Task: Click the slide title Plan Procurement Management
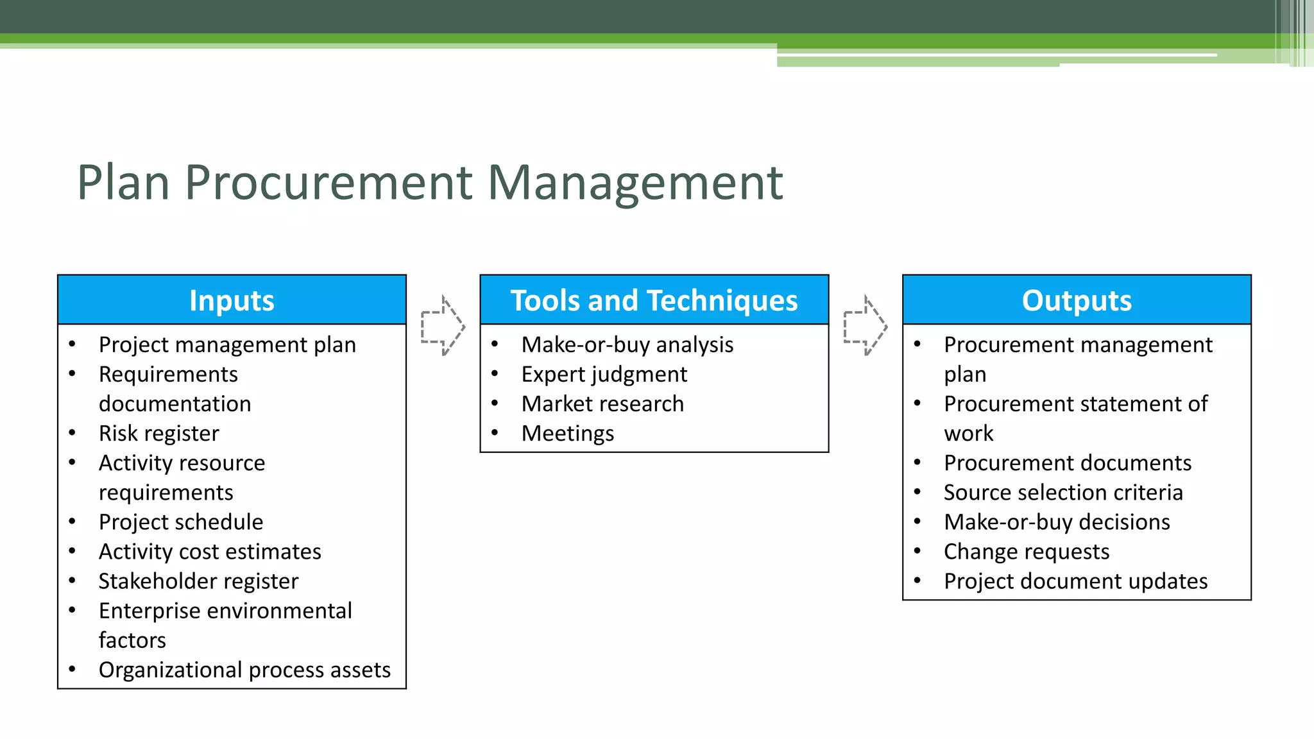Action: (x=429, y=183)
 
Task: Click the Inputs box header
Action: (x=232, y=300)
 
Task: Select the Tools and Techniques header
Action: (x=654, y=300)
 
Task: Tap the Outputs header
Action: (x=1076, y=300)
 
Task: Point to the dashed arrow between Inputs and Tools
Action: (x=443, y=325)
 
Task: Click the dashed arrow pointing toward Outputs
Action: (x=865, y=325)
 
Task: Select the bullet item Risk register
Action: (x=158, y=434)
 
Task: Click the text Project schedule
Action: (x=180, y=522)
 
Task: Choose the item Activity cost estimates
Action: (x=210, y=552)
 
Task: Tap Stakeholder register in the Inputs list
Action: (x=198, y=581)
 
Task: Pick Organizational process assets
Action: (x=244, y=670)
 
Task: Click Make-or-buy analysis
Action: (x=627, y=345)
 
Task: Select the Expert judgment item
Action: (x=604, y=375)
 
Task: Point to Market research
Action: (x=602, y=404)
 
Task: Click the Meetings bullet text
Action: (x=567, y=434)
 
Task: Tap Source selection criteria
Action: (x=1063, y=493)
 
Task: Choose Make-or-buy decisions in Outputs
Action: (x=1057, y=522)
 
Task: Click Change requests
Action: (x=1026, y=552)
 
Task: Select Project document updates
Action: (x=1075, y=581)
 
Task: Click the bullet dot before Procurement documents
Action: (x=917, y=462)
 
